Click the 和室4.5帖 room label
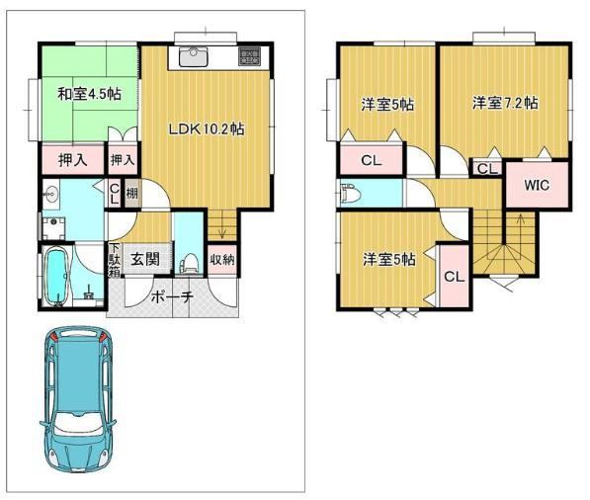pos(89,94)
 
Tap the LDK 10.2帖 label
pos(207,129)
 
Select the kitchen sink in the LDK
pos(193,56)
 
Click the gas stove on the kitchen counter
pos(249,56)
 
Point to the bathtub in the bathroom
pos(57,276)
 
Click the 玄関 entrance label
pos(145,259)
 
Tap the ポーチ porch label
pos(172,297)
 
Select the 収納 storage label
pos(222,259)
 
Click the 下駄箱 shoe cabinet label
pos(115,260)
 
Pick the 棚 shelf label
pos(131,194)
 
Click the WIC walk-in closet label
pos(537,185)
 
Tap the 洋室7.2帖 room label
pos(505,103)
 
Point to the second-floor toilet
pos(351,193)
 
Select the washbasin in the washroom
pos(50,194)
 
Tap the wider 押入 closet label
pos(73,161)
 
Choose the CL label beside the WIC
pos(487,169)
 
